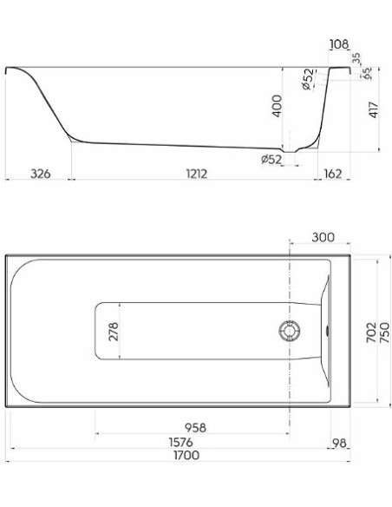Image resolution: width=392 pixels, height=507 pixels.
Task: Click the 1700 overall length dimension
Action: click(x=186, y=455)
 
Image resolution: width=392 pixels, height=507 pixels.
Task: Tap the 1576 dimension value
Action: click(x=181, y=442)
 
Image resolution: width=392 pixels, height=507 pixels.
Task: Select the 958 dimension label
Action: click(x=195, y=427)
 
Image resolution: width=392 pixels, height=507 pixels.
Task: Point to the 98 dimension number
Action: click(x=339, y=443)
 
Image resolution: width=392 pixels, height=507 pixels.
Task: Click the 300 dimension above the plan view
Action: click(x=323, y=237)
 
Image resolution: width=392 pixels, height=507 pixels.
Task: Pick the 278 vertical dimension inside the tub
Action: click(x=114, y=332)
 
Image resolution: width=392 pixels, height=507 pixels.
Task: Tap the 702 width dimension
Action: click(x=371, y=333)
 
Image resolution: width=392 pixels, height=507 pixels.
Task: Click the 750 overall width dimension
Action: click(x=385, y=333)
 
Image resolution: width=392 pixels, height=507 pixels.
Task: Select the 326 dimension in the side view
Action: click(x=41, y=174)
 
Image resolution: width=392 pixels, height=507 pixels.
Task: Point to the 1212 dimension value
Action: click(x=197, y=174)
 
